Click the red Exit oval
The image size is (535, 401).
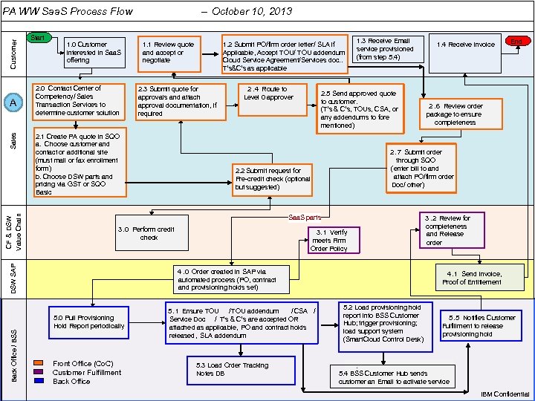pyautogui.click(x=514, y=42)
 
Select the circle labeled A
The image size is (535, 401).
pyautogui.click(x=13, y=102)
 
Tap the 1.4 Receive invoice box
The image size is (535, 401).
pyautogui.click(x=464, y=45)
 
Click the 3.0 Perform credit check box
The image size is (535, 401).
pyautogui.click(x=146, y=233)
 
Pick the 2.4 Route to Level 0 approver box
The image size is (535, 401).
pyautogui.click(x=268, y=94)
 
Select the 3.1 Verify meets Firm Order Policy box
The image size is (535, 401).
pyautogui.click(x=329, y=241)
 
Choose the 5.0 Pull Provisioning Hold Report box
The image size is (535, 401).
pyautogui.click(x=88, y=322)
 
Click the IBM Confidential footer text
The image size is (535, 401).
pyautogui.click(x=505, y=394)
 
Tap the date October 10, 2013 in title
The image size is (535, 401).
pyautogui.click(x=252, y=11)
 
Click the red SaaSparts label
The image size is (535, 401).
pyautogui.click(x=304, y=218)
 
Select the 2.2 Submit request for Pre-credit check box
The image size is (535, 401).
pyautogui.click(x=273, y=179)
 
